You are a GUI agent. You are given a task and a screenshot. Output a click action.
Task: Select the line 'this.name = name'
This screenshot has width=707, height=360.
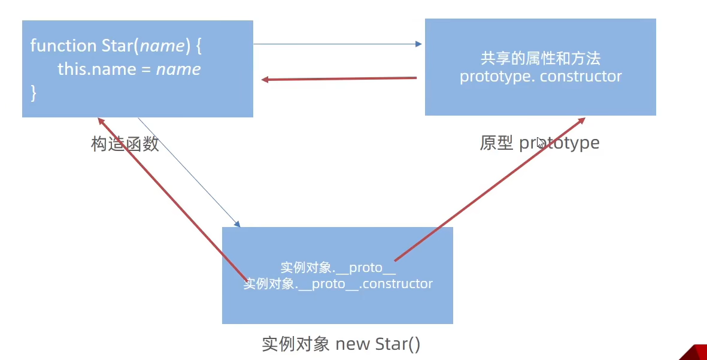pos(129,69)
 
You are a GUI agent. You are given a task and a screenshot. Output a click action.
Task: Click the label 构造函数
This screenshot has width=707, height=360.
pos(125,144)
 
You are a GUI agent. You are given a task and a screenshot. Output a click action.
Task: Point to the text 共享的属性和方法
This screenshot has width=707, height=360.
pos(540,58)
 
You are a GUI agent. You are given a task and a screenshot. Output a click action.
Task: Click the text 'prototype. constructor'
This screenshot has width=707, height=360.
pos(541,77)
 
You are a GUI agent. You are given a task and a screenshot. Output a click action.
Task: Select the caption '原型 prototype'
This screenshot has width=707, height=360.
pos(539,143)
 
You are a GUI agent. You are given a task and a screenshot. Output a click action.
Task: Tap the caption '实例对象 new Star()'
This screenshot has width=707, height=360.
pos(341,344)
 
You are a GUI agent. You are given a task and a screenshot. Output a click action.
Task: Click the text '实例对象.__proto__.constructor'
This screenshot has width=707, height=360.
pos(338,283)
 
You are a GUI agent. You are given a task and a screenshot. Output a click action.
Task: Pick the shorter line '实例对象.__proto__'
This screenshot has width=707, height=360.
pos(338,268)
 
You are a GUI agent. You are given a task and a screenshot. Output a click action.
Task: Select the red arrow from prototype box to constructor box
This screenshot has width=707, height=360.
pos(339,78)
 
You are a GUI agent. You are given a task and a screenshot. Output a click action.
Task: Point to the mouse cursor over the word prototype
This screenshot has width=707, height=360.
pos(540,143)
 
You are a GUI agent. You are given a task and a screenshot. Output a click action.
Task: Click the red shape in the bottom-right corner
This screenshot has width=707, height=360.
pos(694,353)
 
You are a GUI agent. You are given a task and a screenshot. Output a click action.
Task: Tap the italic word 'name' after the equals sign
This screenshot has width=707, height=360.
pos(178,69)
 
